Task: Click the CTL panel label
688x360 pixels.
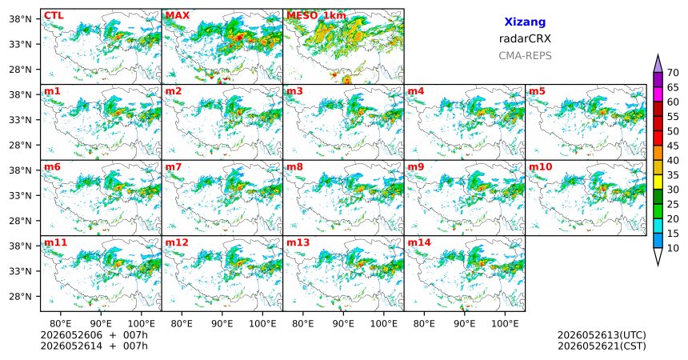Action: point(54,16)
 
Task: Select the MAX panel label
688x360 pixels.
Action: point(178,16)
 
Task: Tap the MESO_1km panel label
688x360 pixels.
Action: point(316,16)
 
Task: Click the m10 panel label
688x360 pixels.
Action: point(540,167)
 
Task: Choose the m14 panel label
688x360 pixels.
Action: point(419,242)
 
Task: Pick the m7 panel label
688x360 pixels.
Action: point(173,167)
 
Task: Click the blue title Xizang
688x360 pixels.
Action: point(525,22)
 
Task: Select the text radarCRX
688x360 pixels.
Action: point(525,38)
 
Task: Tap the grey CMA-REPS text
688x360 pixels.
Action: point(525,56)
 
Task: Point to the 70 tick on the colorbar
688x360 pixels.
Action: point(673,73)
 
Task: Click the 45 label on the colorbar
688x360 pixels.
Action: point(673,146)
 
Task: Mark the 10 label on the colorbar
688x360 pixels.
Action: point(673,248)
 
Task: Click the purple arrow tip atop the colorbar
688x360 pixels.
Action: point(658,54)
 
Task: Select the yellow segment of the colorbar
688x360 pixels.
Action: point(658,182)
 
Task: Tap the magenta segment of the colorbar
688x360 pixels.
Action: point(658,94)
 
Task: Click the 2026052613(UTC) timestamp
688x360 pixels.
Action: point(602,335)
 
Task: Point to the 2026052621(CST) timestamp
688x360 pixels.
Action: point(602,346)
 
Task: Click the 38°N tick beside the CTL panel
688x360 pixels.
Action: point(20,19)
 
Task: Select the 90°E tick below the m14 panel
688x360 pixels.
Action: point(464,324)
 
